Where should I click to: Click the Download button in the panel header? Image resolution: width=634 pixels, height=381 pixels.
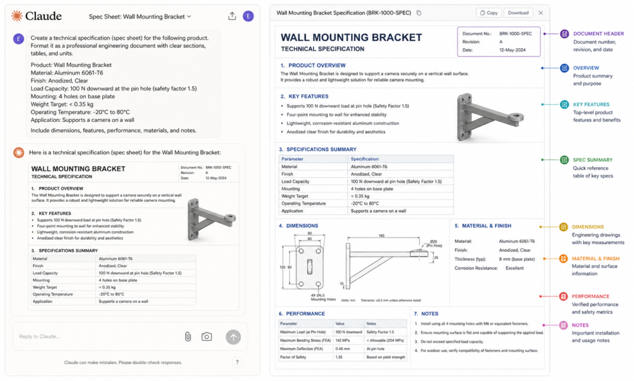[x=518, y=12]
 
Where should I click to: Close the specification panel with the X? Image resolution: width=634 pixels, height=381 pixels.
[x=541, y=12]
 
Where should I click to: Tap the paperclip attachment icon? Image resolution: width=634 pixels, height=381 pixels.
[x=187, y=336]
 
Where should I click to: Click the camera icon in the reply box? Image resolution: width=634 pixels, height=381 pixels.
[x=207, y=336]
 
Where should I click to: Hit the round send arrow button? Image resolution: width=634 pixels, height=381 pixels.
[x=233, y=336]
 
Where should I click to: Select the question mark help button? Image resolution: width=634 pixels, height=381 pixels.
[x=237, y=362]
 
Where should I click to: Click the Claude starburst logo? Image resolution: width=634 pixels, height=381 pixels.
[x=17, y=16]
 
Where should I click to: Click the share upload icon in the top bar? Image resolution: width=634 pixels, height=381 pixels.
[x=232, y=16]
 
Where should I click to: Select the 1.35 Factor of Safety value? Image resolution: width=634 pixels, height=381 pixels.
[x=340, y=357]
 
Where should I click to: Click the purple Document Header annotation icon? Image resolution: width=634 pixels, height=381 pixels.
[x=564, y=33]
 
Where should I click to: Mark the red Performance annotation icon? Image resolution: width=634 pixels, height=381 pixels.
[x=564, y=297]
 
